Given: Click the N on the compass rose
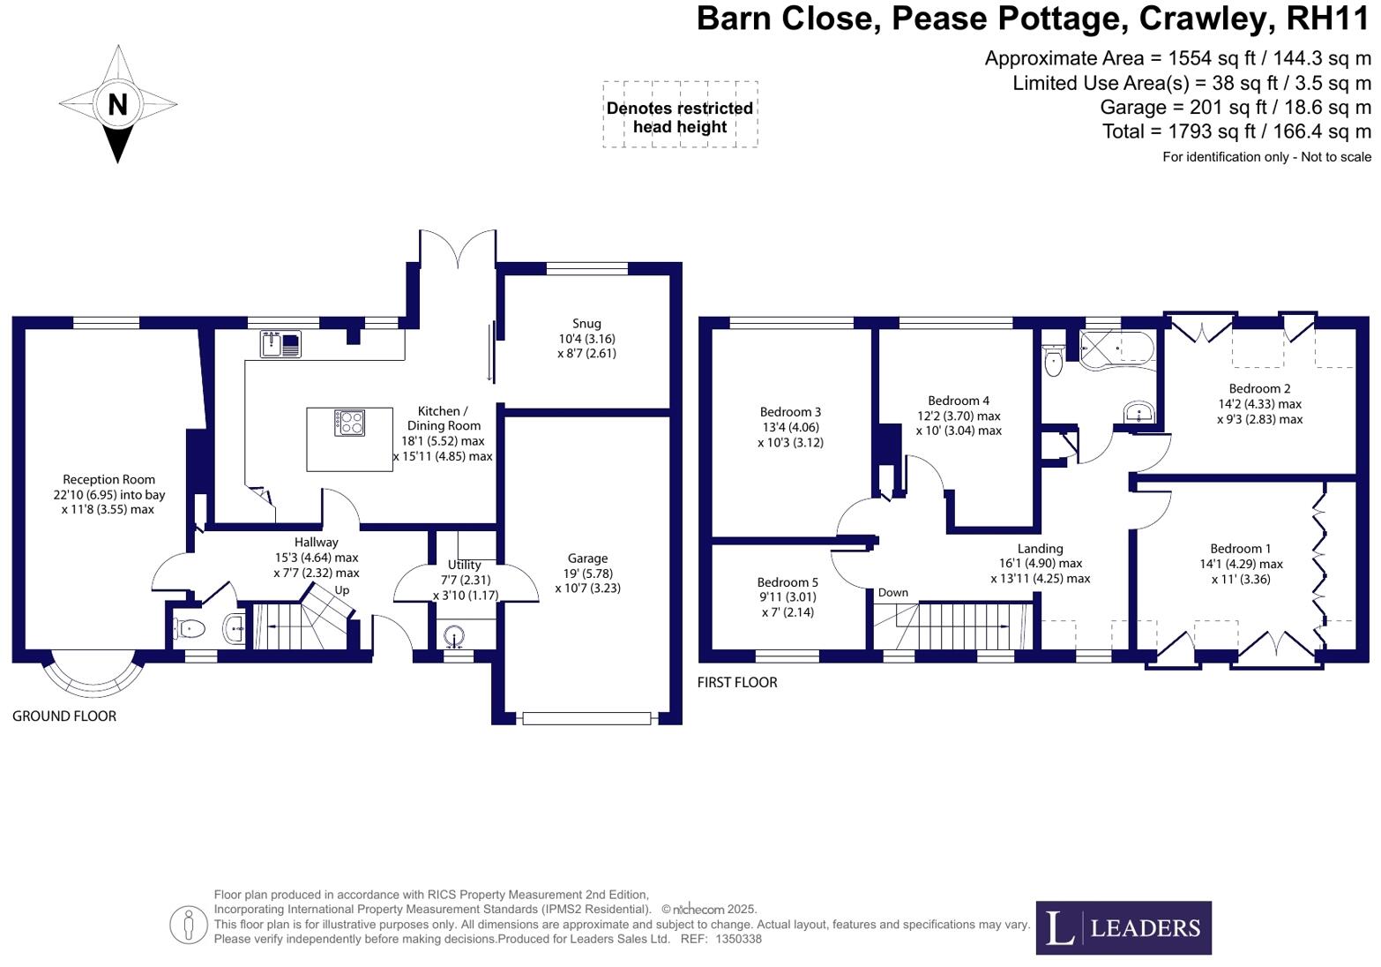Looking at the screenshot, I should coord(117,104).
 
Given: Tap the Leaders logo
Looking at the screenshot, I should coord(1123,927).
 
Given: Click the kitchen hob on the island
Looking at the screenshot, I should coord(349,423).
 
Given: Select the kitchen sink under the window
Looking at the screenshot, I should coord(280,343).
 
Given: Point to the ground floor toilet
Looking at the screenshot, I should coord(189,629).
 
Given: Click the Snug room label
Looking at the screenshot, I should coord(586,324).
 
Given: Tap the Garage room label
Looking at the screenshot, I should coord(587,558).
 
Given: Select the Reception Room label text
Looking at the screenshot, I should coord(108,480).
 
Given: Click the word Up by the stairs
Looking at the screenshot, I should coord(341,590).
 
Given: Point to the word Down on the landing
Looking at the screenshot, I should coord(892,593).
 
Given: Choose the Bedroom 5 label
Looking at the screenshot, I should coord(788,582).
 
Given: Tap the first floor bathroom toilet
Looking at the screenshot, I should coord(1052,361).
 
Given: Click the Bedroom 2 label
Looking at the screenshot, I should coord(1259,389).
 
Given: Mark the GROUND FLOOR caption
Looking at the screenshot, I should coord(64,716).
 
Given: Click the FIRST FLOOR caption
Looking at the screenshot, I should coord(737,683).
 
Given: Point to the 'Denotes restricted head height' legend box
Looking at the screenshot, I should coord(680,115).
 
